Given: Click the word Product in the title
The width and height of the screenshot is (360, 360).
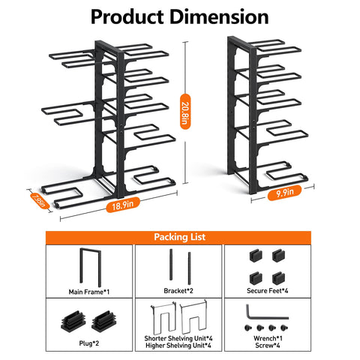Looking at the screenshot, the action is pyautogui.click(x=127, y=16).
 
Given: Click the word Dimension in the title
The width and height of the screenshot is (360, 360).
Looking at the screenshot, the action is pyautogui.click(x=219, y=16).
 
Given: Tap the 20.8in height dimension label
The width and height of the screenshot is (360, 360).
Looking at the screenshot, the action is pyautogui.click(x=185, y=112).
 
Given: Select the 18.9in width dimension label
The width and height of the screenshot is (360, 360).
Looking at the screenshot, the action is pyautogui.click(x=123, y=205).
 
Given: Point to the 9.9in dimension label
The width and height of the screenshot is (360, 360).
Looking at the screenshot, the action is pyautogui.click(x=284, y=193).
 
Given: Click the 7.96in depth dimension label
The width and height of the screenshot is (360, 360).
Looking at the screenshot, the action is pyautogui.click(x=40, y=201).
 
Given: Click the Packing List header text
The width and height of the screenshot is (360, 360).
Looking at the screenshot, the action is pyautogui.click(x=179, y=237).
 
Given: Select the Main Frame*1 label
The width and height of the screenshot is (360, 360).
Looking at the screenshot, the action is pyautogui.click(x=89, y=292).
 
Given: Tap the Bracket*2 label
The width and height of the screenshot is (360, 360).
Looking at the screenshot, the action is pyautogui.click(x=178, y=291).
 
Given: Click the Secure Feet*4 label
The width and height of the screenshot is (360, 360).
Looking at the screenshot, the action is pyautogui.click(x=268, y=291).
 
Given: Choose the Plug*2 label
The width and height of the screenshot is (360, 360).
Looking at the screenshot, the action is pyautogui.click(x=89, y=343).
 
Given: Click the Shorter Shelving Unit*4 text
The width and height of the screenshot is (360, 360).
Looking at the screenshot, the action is pyautogui.click(x=178, y=338).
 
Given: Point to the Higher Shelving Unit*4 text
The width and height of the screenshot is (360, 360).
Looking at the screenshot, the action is pyautogui.click(x=178, y=346).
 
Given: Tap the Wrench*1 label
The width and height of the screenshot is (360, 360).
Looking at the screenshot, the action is pyautogui.click(x=268, y=338).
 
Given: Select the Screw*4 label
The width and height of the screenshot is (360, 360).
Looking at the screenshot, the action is pyautogui.click(x=268, y=346).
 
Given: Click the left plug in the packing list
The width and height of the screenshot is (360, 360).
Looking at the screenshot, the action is pyautogui.click(x=73, y=321).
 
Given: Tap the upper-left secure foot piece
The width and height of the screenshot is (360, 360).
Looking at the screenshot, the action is pyautogui.click(x=256, y=255).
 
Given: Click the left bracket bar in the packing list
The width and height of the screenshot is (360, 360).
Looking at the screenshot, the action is pyautogui.click(x=171, y=265).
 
